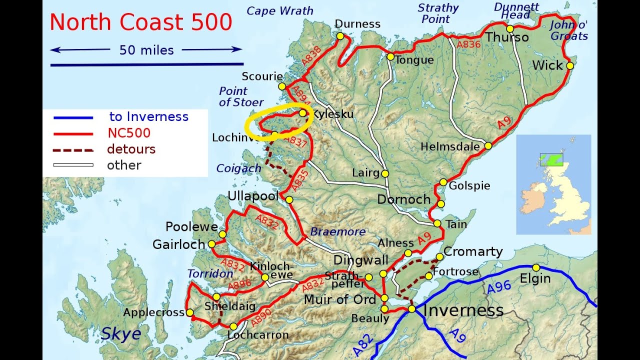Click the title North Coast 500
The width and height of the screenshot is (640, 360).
click(140, 22)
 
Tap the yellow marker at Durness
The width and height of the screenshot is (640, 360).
click(340, 36)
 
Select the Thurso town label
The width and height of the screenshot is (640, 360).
click(507, 37)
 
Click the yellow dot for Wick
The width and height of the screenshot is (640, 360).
click(569, 65)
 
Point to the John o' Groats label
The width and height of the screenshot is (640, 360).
click(569, 30)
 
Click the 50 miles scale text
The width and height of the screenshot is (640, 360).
click(146, 50)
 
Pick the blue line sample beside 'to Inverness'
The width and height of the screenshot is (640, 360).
click(73, 117)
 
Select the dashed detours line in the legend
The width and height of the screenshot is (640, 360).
click(73, 149)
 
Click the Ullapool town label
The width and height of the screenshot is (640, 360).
click(253, 196)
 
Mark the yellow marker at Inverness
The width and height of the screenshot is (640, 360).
click(411, 309)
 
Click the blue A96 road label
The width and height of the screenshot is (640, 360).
click(498, 287)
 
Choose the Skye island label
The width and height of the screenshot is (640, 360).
click(120, 333)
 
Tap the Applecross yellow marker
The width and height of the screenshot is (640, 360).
click(189, 312)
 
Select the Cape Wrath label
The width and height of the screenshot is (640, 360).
click(280, 10)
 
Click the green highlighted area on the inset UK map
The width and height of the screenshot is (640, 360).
click(551, 160)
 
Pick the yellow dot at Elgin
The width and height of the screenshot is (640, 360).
click(536, 267)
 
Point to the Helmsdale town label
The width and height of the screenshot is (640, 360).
click(450, 147)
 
